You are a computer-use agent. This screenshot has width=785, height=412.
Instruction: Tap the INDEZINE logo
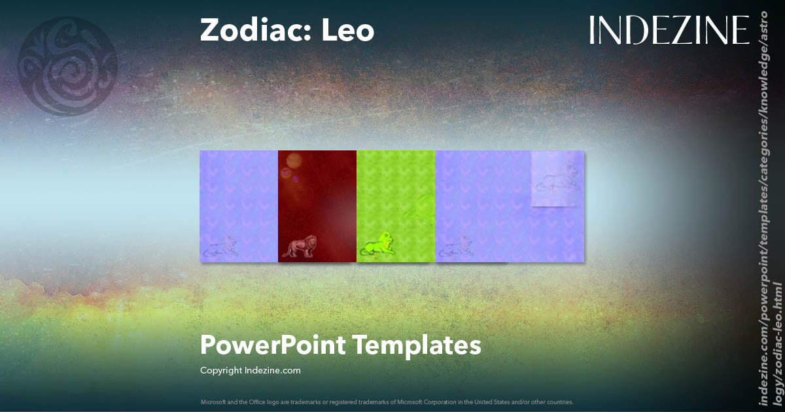(x=669, y=30)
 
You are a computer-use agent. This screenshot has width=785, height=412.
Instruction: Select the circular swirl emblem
(x=68, y=67)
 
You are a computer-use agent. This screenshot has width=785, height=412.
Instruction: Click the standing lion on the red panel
(x=300, y=245)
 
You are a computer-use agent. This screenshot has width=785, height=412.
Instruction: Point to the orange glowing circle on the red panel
(x=294, y=160)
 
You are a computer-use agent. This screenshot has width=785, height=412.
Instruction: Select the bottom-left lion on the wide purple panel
(x=455, y=246)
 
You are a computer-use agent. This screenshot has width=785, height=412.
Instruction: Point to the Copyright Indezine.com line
(x=251, y=370)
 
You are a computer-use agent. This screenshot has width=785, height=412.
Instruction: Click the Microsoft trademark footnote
(x=387, y=402)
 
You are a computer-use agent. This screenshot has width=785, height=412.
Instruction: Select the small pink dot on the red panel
(x=296, y=179)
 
